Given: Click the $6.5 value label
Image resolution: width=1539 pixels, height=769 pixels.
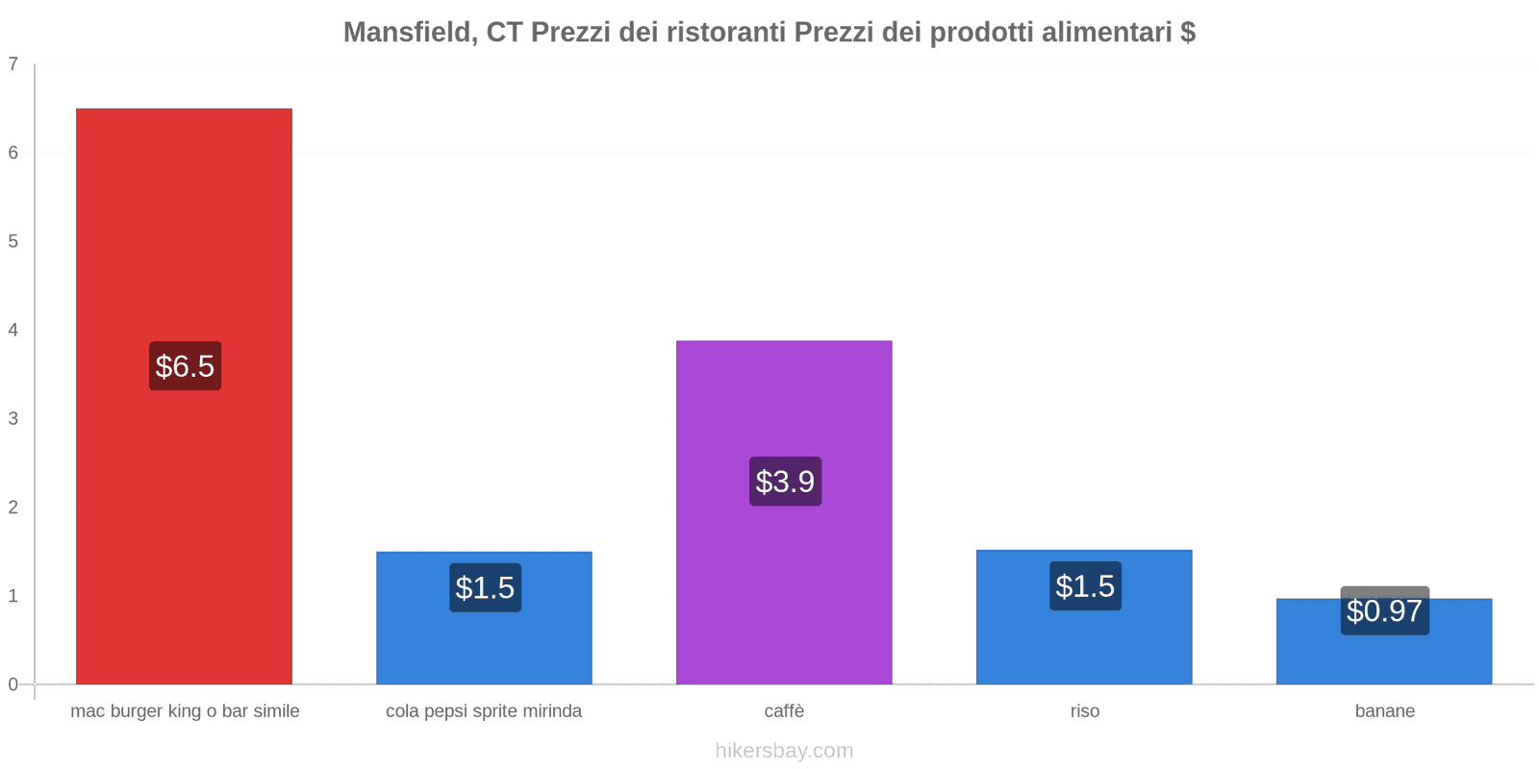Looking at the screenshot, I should click(185, 366).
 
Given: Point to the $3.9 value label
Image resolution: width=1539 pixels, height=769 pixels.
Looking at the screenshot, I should click(785, 482).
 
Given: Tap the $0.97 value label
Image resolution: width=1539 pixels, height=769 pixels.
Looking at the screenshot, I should click(1384, 611).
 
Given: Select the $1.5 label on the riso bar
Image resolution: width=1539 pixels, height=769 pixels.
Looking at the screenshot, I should click(1085, 586).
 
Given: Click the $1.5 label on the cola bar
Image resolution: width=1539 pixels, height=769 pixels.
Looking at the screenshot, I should click(485, 587).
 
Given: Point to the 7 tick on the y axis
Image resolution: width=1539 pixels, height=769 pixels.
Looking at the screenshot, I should click(13, 64).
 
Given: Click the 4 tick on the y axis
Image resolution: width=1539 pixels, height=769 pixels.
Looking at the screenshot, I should click(13, 330).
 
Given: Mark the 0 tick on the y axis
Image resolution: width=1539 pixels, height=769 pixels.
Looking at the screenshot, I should click(13, 684).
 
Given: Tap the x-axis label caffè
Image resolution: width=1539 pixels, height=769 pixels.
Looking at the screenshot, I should click(784, 711).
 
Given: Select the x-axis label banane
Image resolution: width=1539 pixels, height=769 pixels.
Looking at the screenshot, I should click(1384, 711).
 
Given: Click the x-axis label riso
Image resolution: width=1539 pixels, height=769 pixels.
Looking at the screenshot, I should click(1084, 711).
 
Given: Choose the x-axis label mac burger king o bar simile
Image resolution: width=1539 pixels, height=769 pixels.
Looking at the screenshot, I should click(185, 711).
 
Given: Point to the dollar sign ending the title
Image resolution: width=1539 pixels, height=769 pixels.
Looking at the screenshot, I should click(1188, 33).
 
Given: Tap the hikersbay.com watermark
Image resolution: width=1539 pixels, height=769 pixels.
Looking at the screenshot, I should click(784, 751).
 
